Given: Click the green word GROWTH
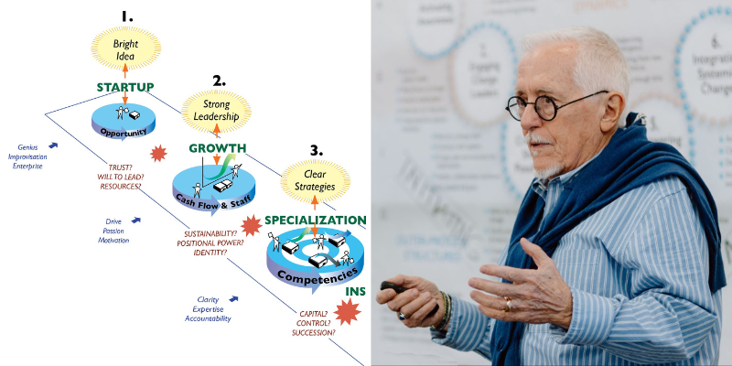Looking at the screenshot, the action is point(217,148).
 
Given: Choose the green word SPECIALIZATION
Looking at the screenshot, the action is point(316,221).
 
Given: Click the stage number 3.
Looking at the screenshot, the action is point(316,150).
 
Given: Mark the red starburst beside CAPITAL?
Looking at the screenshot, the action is point(347,313).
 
